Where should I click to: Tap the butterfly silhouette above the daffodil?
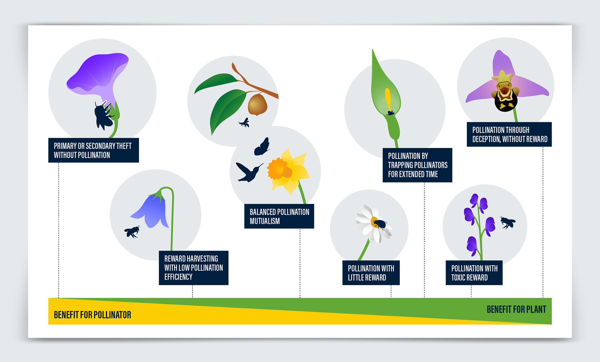pos(262,146)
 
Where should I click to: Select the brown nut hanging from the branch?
pos(257,105)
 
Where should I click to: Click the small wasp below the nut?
pos(244,123)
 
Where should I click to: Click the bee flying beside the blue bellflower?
pos(132,232)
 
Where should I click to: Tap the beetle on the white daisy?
pos(379,224)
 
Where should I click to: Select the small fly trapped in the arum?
pos(391,113)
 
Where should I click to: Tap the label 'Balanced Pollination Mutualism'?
pos(279,216)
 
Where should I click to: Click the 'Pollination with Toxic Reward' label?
pos(474,273)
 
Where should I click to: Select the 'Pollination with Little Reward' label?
pos(371,273)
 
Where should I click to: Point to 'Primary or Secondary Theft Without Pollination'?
pos(94,150)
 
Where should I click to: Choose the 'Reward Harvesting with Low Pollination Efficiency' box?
pos(194,268)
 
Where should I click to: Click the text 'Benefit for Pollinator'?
pos(92,315)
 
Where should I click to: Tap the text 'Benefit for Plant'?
pos(516,309)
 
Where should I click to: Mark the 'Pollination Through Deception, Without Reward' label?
pos(509,134)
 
